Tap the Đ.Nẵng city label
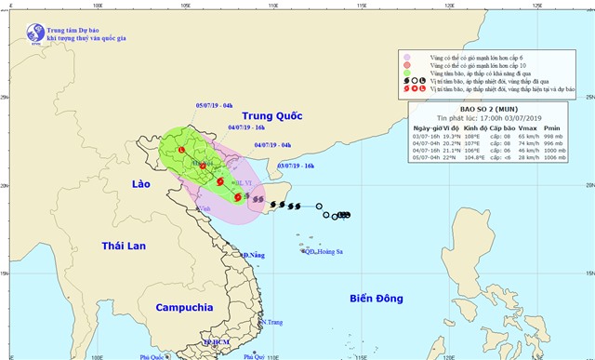tap(253, 254)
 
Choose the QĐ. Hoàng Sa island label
tap(323, 251)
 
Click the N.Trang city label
tap(271, 322)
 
